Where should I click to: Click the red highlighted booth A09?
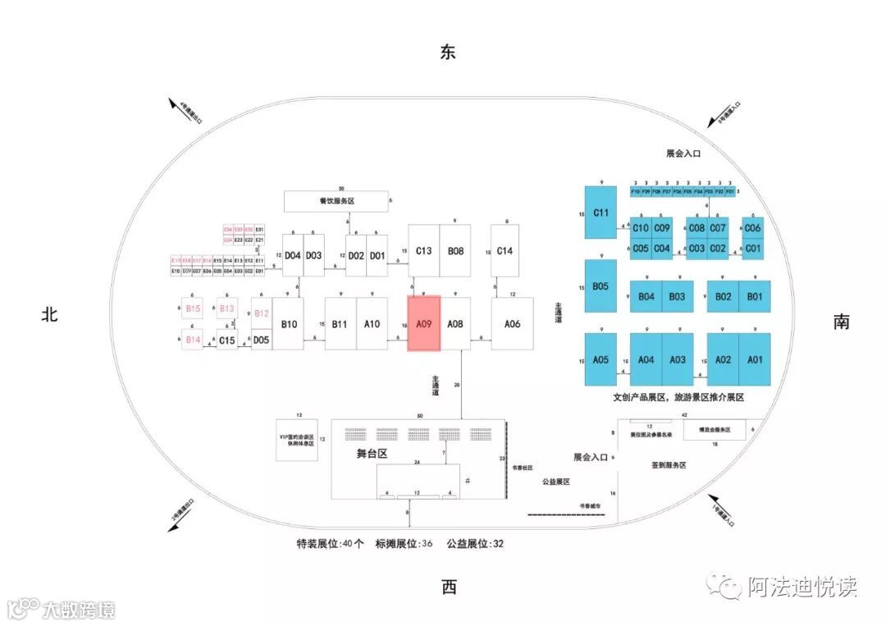(424, 324)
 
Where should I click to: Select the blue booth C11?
(601, 212)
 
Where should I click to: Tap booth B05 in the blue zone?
(601, 286)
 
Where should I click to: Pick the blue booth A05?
(601, 359)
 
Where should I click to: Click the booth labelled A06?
(513, 324)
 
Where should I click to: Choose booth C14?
(505, 250)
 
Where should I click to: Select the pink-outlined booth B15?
(194, 308)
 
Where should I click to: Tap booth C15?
(227, 340)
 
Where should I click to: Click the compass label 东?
(448, 53)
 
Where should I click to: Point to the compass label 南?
(841, 322)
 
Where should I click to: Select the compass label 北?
(50, 313)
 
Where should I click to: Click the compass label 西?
(449, 587)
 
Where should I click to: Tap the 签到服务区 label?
(669, 465)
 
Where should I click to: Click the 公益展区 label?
(555, 482)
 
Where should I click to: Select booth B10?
(289, 324)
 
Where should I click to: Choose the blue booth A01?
(755, 359)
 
